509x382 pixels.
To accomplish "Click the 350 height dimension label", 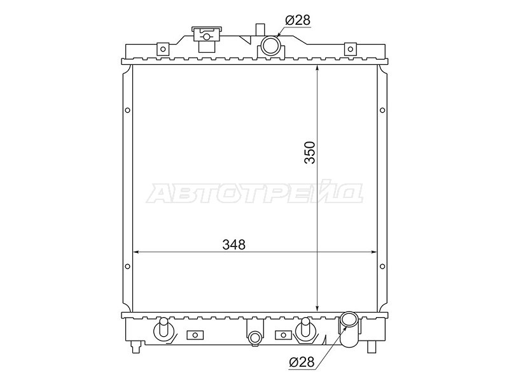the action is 310,152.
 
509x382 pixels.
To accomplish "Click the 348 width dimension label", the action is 234,244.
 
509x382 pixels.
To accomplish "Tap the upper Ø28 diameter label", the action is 298,20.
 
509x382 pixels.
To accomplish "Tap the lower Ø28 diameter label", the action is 302,362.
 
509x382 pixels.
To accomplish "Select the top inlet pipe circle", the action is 271,45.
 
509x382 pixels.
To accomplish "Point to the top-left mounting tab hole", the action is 163,50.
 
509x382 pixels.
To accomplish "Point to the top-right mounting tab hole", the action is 351,50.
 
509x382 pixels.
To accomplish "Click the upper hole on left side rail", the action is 128,110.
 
